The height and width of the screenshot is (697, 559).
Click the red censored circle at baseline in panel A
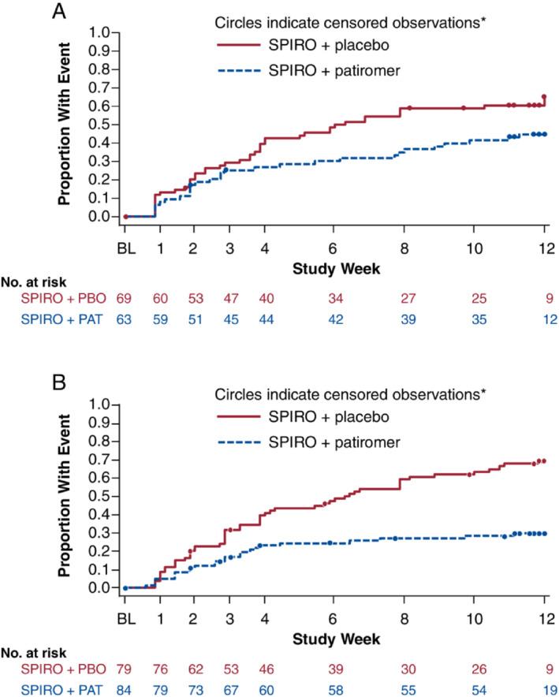125,216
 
